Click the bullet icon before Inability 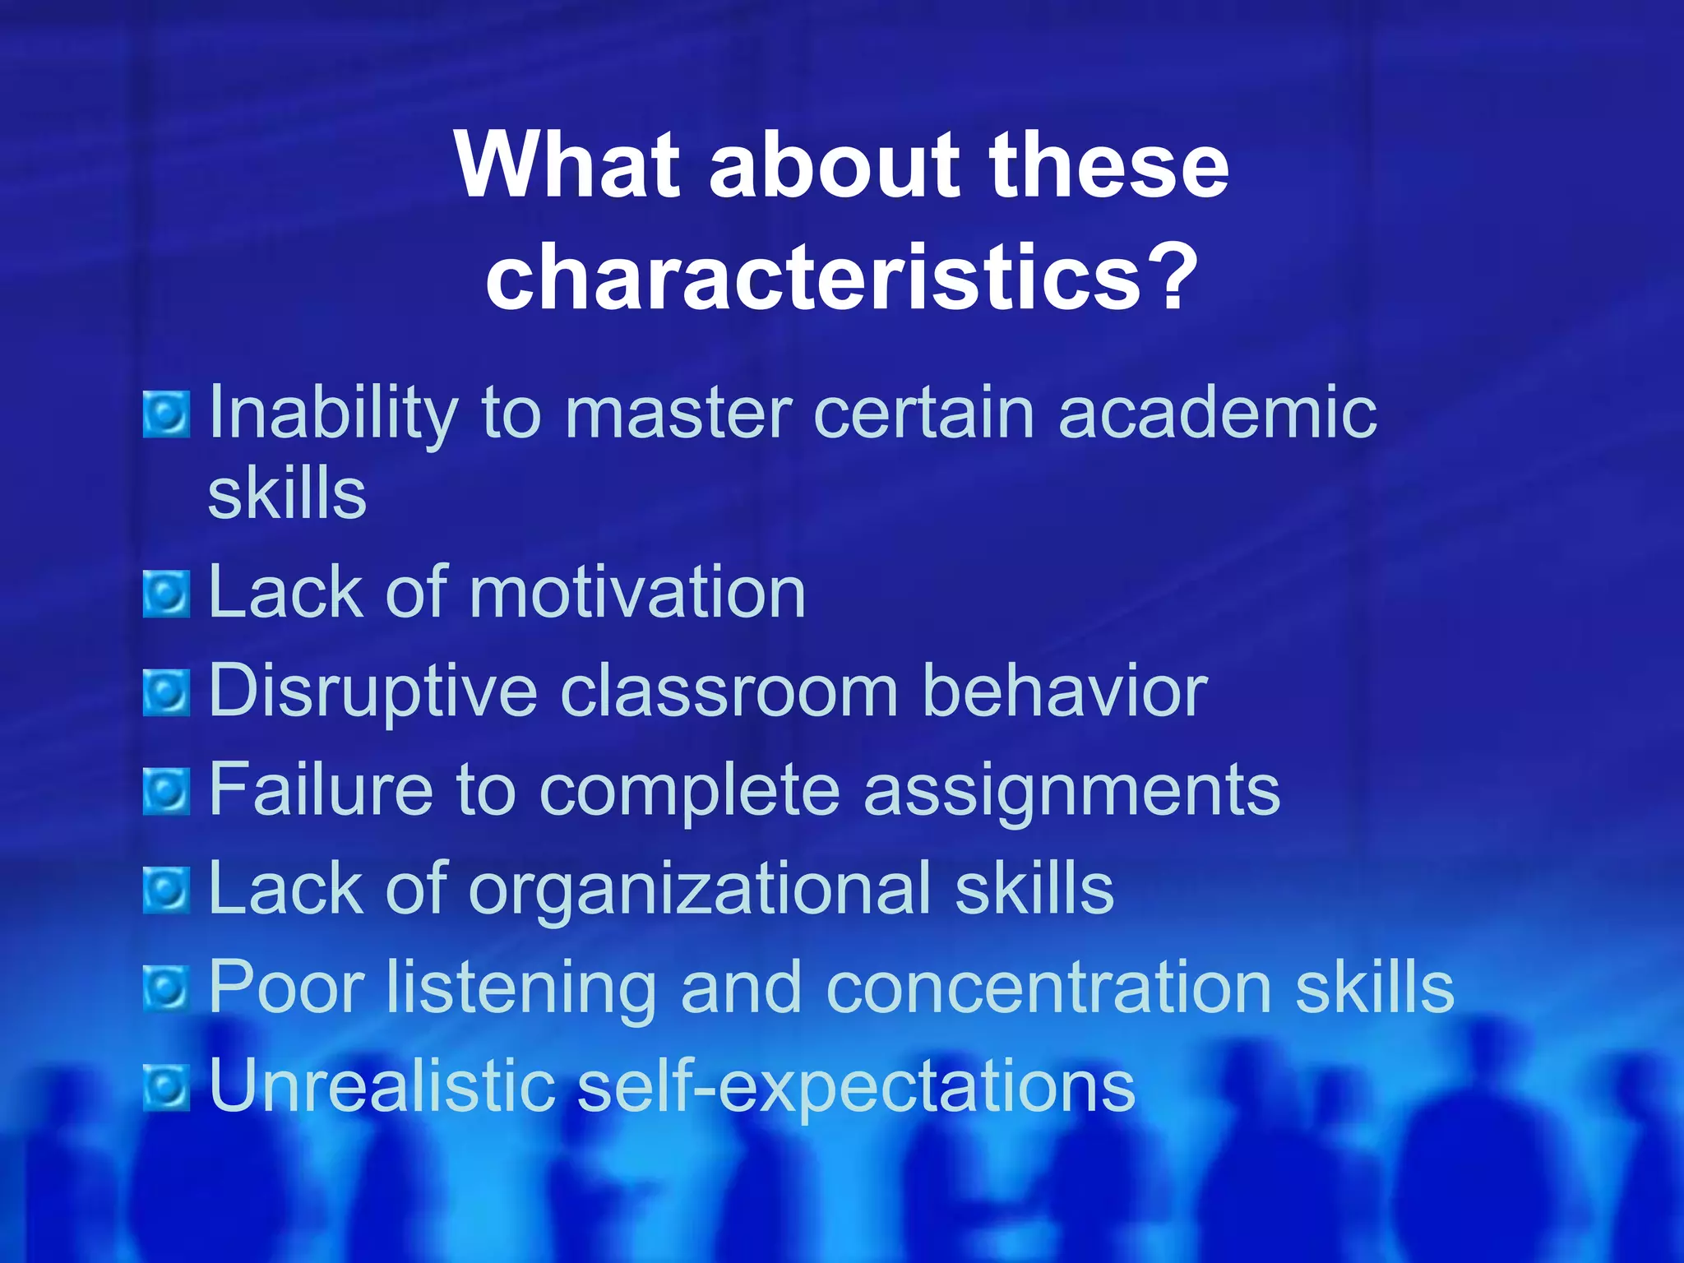(x=167, y=414)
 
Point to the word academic (x=1217, y=413)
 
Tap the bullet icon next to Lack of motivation (x=167, y=594)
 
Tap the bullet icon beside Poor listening (x=167, y=988)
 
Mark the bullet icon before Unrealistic (x=167, y=1087)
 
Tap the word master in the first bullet (x=678, y=413)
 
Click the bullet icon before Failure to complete (x=167, y=791)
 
